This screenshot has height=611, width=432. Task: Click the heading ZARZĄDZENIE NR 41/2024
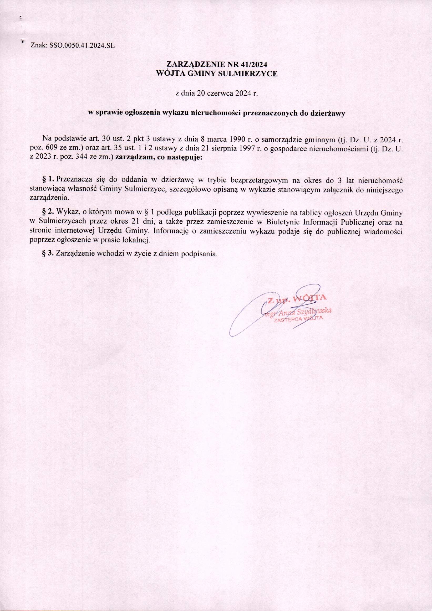pyautogui.click(x=216, y=65)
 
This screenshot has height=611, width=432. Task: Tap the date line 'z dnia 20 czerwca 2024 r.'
pyautogui.click(x=216, y=94)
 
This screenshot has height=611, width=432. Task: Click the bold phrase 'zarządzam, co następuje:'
pyautogui.click(x=159, y=157)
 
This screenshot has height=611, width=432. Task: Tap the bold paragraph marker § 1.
pyautogui.click(x=48, y=180)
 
